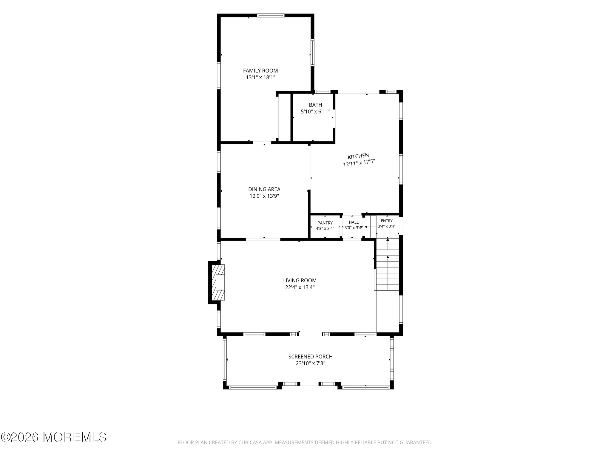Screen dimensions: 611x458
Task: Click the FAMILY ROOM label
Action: coord(260,71)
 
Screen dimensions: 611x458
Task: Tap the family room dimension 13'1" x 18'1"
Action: coord(260,78)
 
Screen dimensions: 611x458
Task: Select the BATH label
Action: coord(315,105)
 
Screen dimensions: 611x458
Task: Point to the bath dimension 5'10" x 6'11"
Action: coord(315,112)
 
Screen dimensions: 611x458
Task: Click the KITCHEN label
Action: coord(358,156)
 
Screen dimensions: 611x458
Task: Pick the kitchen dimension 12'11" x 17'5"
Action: coord(359,163)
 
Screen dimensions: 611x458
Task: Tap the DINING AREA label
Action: coord(264,189)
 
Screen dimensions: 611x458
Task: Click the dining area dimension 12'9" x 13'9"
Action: coord(264,196)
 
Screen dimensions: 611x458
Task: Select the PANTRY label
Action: coord(325,223)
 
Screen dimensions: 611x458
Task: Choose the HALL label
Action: coord(354,222)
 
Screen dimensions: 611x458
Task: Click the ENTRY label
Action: coord(387,221)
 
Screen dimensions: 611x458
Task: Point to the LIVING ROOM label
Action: coord(300,281)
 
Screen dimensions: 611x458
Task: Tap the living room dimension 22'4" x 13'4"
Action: coord(300,287)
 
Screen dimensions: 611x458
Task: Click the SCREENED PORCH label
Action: coord(310,357)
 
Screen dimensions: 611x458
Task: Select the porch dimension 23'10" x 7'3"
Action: coord(310,363)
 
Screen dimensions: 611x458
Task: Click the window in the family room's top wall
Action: coord(271,16)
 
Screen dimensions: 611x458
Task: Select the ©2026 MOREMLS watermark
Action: coord(53,437)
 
